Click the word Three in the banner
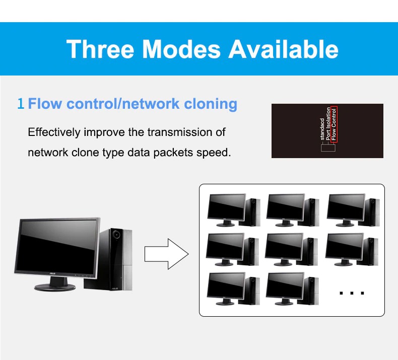(100, 49)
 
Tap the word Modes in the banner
(181, 49)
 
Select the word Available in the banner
(284, 49)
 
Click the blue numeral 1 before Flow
(21, 104)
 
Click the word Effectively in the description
(54, 132)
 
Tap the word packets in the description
(173, 153)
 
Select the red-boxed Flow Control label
(334, 124)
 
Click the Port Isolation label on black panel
(328, 123)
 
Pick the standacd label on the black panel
(322, 129)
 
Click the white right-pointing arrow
(167, 254)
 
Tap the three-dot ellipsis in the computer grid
(352, 293)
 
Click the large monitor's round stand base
(55, 287)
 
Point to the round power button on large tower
(116, 235)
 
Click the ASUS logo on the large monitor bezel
(52, 273)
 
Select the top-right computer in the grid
(353, 210)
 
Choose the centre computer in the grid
(291, 249)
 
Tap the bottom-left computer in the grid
(233, 289)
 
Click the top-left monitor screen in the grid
(226, 206)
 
